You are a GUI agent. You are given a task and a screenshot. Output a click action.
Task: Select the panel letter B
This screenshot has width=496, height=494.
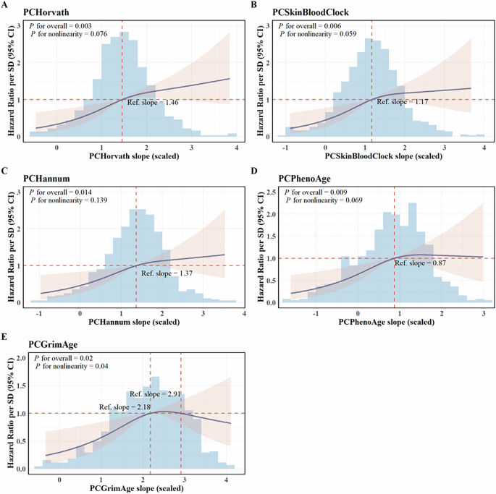254,5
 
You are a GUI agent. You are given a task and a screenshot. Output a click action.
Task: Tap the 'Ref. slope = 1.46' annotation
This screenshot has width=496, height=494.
153,103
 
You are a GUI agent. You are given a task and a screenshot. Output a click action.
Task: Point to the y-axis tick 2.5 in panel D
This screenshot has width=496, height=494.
267,192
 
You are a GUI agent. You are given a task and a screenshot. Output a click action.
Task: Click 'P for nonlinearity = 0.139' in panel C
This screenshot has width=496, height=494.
68,200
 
